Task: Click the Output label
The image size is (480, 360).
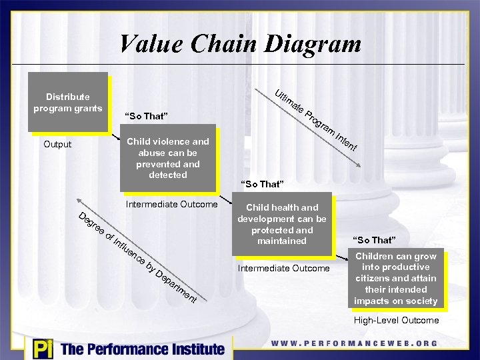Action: tap(57, 144)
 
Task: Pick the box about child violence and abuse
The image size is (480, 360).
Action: tap(167, 158)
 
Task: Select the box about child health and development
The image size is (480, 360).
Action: tap(282, 224)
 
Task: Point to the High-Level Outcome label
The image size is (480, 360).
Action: tap(396, 321)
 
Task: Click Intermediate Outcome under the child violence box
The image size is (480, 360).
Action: tap(171, 204)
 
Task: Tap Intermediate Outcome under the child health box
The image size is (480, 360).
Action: tap(283, 268)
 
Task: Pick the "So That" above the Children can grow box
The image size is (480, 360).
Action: tap(375, 239)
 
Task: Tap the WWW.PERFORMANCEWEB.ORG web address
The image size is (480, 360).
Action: tap(354, 343)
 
